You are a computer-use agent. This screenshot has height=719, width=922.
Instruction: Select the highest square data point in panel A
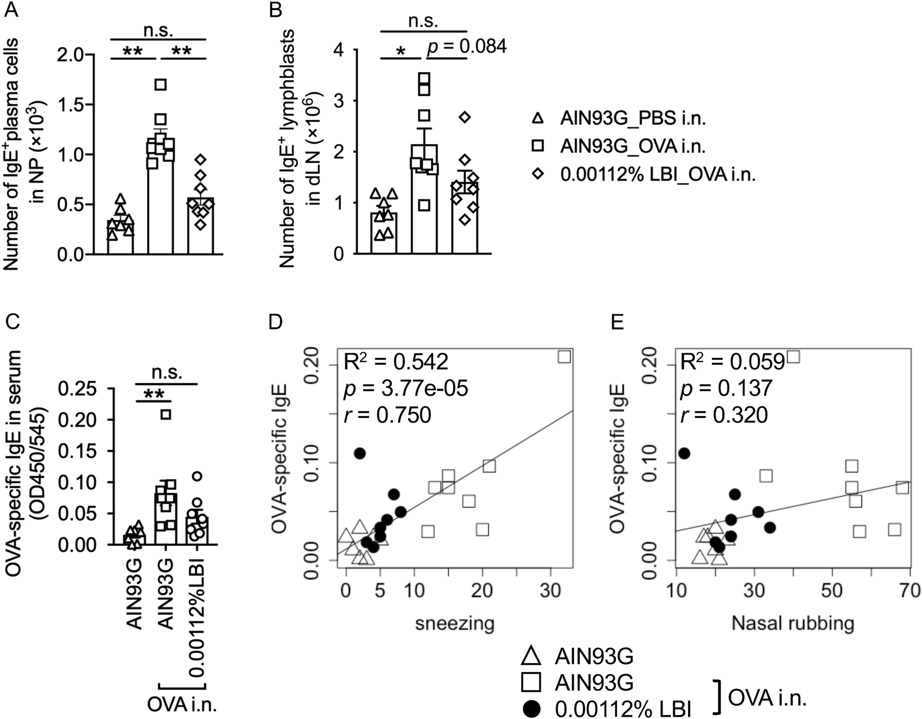[160, 84]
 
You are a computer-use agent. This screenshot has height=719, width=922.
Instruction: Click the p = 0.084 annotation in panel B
[467, 46]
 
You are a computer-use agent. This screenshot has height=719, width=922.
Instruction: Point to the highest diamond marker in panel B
[465, 117]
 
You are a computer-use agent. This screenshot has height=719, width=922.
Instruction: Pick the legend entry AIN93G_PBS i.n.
[632, 119]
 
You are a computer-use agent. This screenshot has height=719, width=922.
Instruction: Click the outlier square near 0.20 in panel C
[166, 415]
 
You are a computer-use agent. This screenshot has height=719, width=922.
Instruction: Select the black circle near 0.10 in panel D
[360, 454]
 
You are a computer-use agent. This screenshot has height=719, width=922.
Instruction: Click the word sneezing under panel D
[455, 623]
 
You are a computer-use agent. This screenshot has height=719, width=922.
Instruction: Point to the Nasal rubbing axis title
[793, 623]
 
